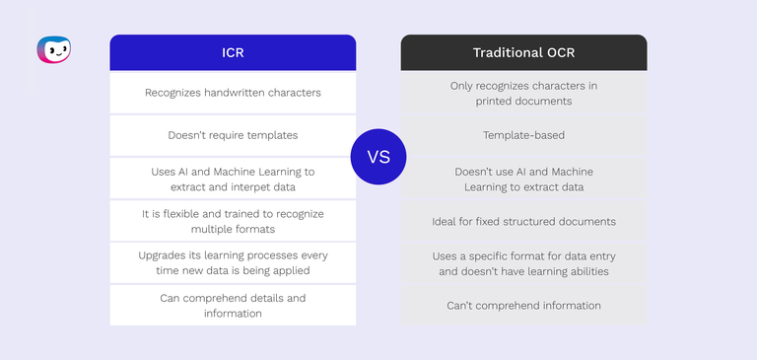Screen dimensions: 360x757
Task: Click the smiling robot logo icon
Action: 53,49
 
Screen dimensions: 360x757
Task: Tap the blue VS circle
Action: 378,157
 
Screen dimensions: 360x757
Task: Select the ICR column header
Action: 233,52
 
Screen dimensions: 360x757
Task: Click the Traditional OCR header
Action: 523,52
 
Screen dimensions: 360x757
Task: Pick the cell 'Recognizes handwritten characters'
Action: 233,94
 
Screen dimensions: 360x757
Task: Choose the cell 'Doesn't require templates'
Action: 233,135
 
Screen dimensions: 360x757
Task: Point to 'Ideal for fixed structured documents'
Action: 523,221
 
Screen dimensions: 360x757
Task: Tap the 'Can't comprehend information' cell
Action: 523,306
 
